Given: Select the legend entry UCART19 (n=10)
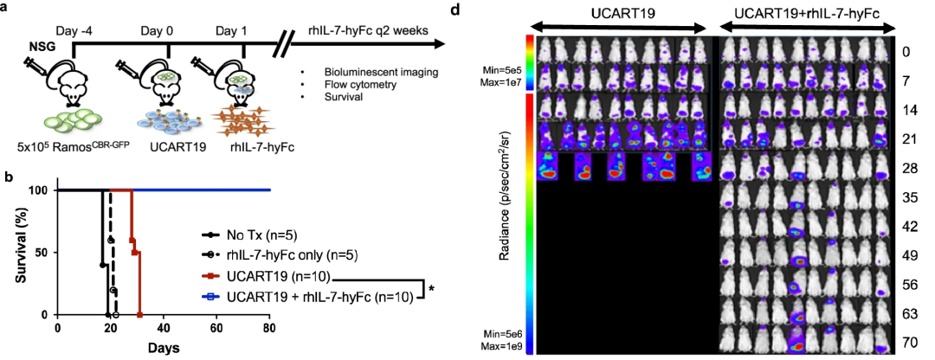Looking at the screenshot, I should (276, 277).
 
